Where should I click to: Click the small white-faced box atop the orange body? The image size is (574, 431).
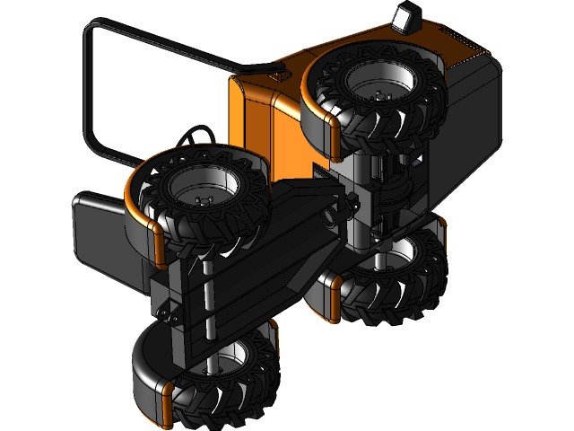[406, 18]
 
